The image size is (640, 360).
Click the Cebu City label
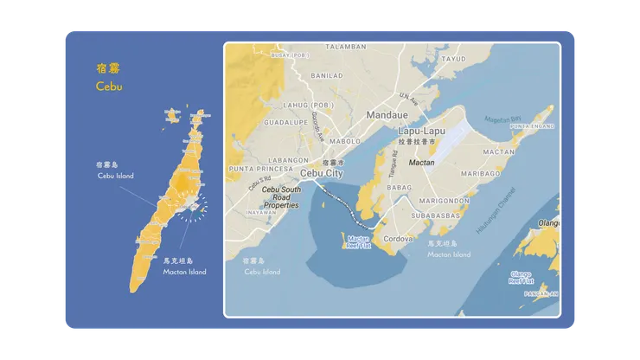pyautogui.click(x=322, y=173)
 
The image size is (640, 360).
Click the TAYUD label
pyautogui.click(x=453, y=59)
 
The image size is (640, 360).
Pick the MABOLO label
pyautogui.click(x=344, y=141)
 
